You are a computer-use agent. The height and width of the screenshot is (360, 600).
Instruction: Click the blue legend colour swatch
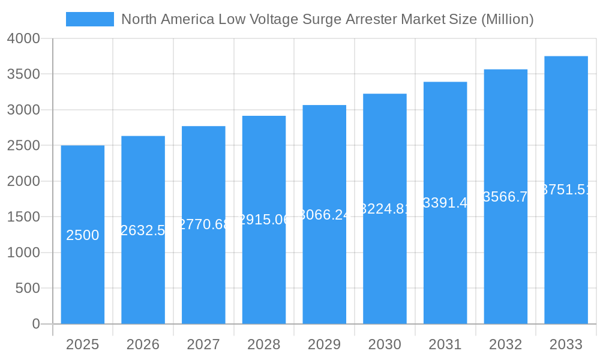pyautogui.click(x=90, y=19)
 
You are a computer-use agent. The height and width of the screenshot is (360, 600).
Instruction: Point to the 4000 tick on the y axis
pyautogui.click(x=24, y=38)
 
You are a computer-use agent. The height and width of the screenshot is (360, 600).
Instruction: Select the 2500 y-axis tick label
pyautogui.click(x=24, y=146)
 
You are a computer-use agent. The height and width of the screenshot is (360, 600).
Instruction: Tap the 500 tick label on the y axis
pyautogui.click(x=28, y=289)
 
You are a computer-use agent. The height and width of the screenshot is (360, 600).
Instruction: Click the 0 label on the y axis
pyautogui.click(x=36, y=324)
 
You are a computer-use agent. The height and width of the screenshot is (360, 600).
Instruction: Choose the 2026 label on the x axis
pyautogui.click(x=143, y=344)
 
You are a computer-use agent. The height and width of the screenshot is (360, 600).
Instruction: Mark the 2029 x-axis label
pyautogui.click(x=325, y=344)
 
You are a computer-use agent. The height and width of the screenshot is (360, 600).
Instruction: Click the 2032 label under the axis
pyautogui.click(x=506, y=344)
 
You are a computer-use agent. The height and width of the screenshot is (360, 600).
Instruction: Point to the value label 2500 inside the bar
pyautogui.click(x=83, y=235)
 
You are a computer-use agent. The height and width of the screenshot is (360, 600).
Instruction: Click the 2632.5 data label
pyautogui.click(x=143, y=230)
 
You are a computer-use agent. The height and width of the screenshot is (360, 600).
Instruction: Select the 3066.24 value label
pyautogui.click(x=325, y=215)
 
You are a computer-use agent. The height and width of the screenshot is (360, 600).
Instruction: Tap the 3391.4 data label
pyautogui.click(x=445, y=203)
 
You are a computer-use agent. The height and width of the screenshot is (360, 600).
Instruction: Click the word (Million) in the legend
pyautogui.click(x=507, y=19)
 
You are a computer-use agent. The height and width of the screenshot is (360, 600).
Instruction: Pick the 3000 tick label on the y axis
pyautogui.click(x=24, y=110)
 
